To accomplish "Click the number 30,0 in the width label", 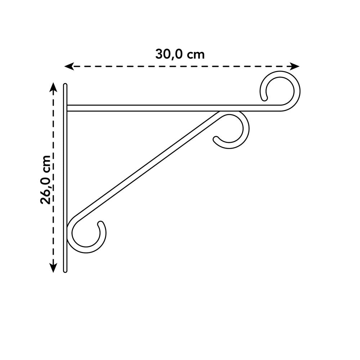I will [170, 54].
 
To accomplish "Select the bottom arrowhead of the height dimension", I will [53, 268].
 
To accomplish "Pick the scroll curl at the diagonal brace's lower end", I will [86, 234].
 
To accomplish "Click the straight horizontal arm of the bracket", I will [162, 108].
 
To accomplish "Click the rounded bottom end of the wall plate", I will [65, 271].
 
